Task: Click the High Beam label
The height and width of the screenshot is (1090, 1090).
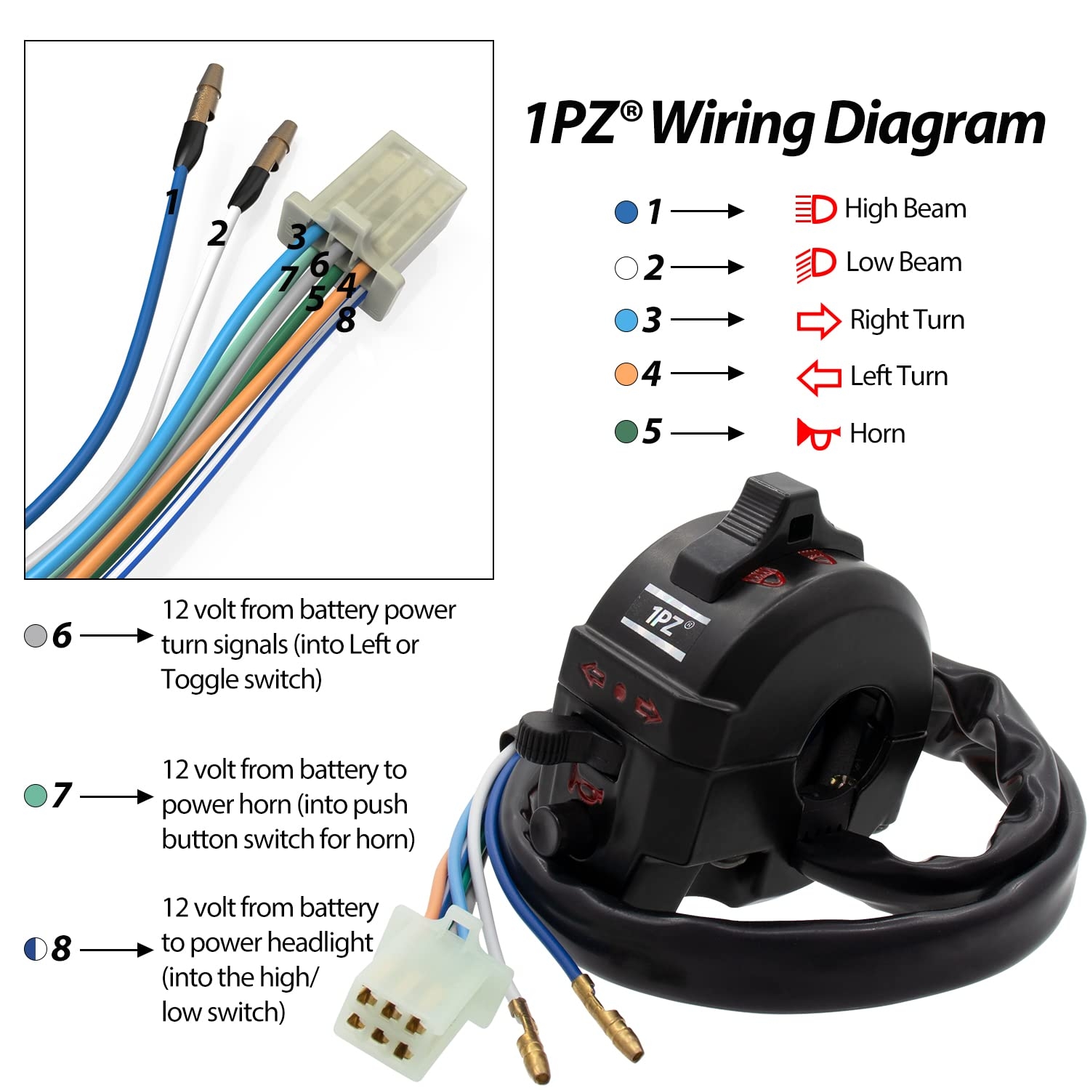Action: click(905, 209)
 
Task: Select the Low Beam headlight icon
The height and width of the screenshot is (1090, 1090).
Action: click(816, 264)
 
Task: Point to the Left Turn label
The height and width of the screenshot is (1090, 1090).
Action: click(899, 376)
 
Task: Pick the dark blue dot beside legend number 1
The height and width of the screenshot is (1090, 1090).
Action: click(626, 212)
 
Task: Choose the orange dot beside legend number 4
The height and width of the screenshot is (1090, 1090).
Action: click(626, 374)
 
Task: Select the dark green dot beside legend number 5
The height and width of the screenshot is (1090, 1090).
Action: click(626, 432)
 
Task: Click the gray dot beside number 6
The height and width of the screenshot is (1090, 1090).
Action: click(36, 636)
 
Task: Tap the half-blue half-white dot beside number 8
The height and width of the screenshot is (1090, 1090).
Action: click(36, 949)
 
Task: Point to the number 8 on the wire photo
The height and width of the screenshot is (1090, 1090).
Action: click(346, 320)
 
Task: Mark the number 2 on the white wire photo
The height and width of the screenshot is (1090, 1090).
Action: click(217, 234)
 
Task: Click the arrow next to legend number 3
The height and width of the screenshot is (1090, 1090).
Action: click(707, 320)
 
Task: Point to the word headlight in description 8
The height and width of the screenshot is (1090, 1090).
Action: click(320, 942)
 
